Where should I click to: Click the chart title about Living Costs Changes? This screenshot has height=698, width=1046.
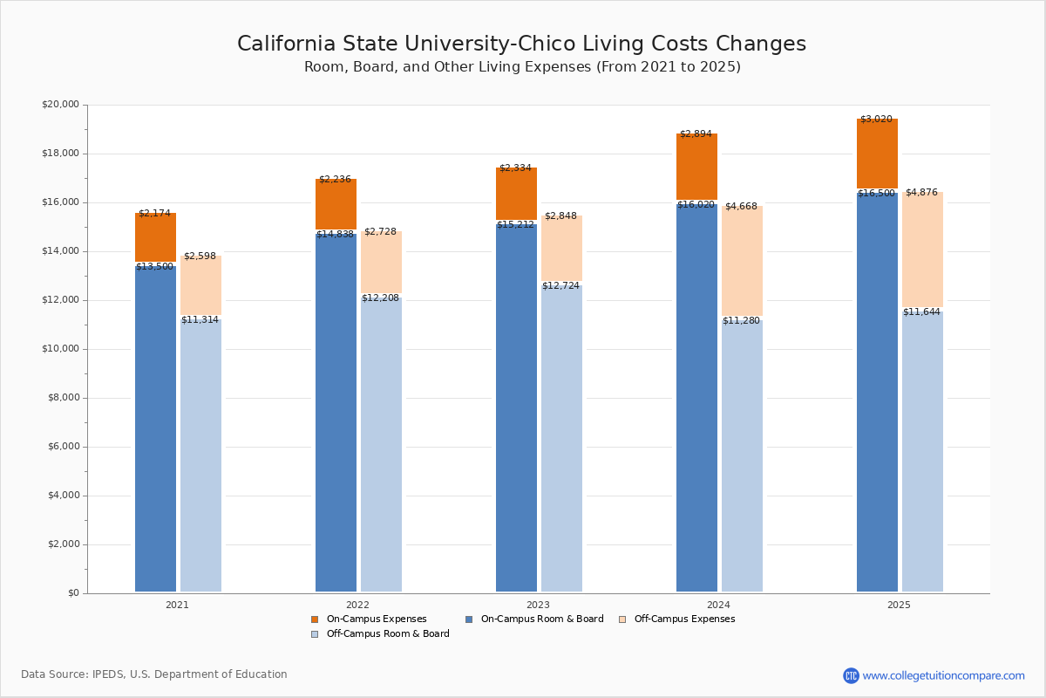tap(521, 44)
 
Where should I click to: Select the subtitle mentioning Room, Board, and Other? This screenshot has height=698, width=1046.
tap(522, 67)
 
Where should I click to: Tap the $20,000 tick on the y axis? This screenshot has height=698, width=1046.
tap(60, 105)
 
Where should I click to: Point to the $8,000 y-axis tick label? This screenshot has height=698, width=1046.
tap(63, 398)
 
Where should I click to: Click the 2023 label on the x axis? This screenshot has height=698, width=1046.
tap(538, 605)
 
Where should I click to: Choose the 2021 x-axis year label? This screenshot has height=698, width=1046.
tap(177, 605)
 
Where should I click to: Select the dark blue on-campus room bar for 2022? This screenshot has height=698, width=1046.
tap(336, 410)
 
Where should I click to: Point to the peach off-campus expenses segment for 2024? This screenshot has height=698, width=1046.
tap(742, 262)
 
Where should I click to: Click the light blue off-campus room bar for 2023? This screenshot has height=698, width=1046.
tap(561, 436)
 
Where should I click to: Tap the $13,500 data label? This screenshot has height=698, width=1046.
tap(154, 267)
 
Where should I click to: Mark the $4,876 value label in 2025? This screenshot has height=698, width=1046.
tap(921, 193)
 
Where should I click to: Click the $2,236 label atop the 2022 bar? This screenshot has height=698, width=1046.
tap(335, 180)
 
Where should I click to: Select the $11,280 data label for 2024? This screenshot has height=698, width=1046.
tap(741, 321)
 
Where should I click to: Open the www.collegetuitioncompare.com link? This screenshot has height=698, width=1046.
tap(943, 675)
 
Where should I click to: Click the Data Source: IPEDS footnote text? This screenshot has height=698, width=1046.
tap(154, 674)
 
